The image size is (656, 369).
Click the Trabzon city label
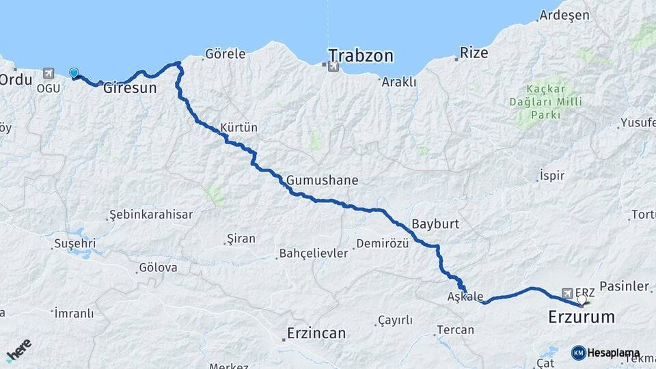pos(361,55)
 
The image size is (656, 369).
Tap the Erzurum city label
pos(582,317)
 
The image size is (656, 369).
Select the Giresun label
pos(130,88)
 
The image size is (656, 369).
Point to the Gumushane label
pos(323,180)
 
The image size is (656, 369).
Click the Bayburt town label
pos(435,223)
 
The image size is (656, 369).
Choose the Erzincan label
pos(316,333)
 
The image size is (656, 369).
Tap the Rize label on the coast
pos(474,52)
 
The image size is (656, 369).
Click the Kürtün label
pos(239,127)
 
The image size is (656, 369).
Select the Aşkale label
pos(465,297)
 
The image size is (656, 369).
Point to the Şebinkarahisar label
pos(151,215)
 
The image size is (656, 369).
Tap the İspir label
pos(552,176)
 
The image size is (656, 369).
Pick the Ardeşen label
pos(560,14)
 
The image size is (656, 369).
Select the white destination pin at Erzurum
pos(582,299)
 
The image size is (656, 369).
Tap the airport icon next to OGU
pos(48,72)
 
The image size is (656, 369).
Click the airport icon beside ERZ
pos(567,292)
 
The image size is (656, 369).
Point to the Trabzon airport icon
pos(332,66)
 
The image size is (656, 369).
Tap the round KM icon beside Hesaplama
pos(578,353)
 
